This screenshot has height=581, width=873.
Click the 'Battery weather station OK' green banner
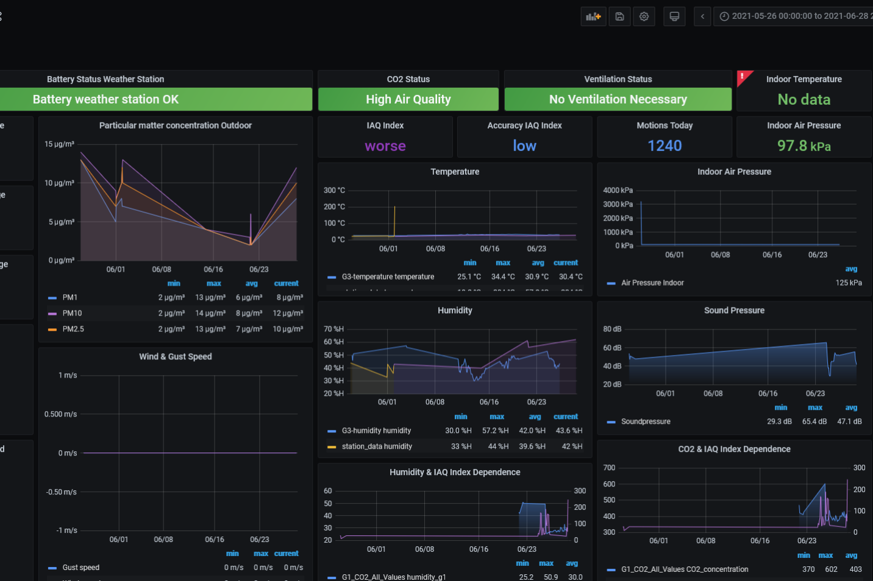click(105, 99)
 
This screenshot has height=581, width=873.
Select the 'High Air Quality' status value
click(408, 99)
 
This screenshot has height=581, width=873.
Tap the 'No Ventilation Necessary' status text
click(618, 99)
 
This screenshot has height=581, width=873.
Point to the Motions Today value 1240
click(665, 146)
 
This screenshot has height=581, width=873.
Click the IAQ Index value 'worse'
click(385, 146)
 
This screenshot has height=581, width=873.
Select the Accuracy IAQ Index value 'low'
click(524, 146)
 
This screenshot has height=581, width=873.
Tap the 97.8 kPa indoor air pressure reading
click(804, 146)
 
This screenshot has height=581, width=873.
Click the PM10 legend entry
click(72, 313)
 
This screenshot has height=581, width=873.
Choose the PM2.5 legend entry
click(73, 329)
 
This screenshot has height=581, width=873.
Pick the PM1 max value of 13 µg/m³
click(210, 298)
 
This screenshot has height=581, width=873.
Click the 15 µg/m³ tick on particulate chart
click(59, 144)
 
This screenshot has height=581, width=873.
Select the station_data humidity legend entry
click(377, 446)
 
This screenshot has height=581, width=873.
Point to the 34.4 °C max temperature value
click(503, 276)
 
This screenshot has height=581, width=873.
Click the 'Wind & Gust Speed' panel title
click(176, 357)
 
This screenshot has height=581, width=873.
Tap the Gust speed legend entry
click(80, 568)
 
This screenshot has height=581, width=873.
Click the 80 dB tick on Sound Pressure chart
click(612, 329)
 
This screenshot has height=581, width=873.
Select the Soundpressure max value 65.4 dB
click(814, 421)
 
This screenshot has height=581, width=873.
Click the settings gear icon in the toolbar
click(644, 16)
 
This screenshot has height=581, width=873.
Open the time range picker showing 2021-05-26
click(796, 16)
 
